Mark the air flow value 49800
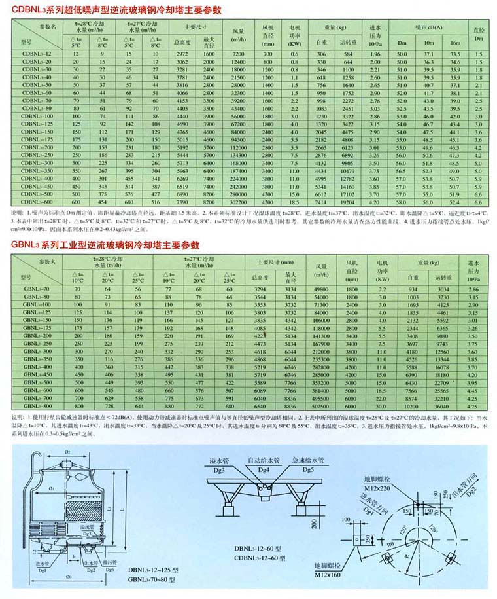coord(320,289)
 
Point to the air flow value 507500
coord(320,406)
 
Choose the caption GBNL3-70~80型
coord(152,580)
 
